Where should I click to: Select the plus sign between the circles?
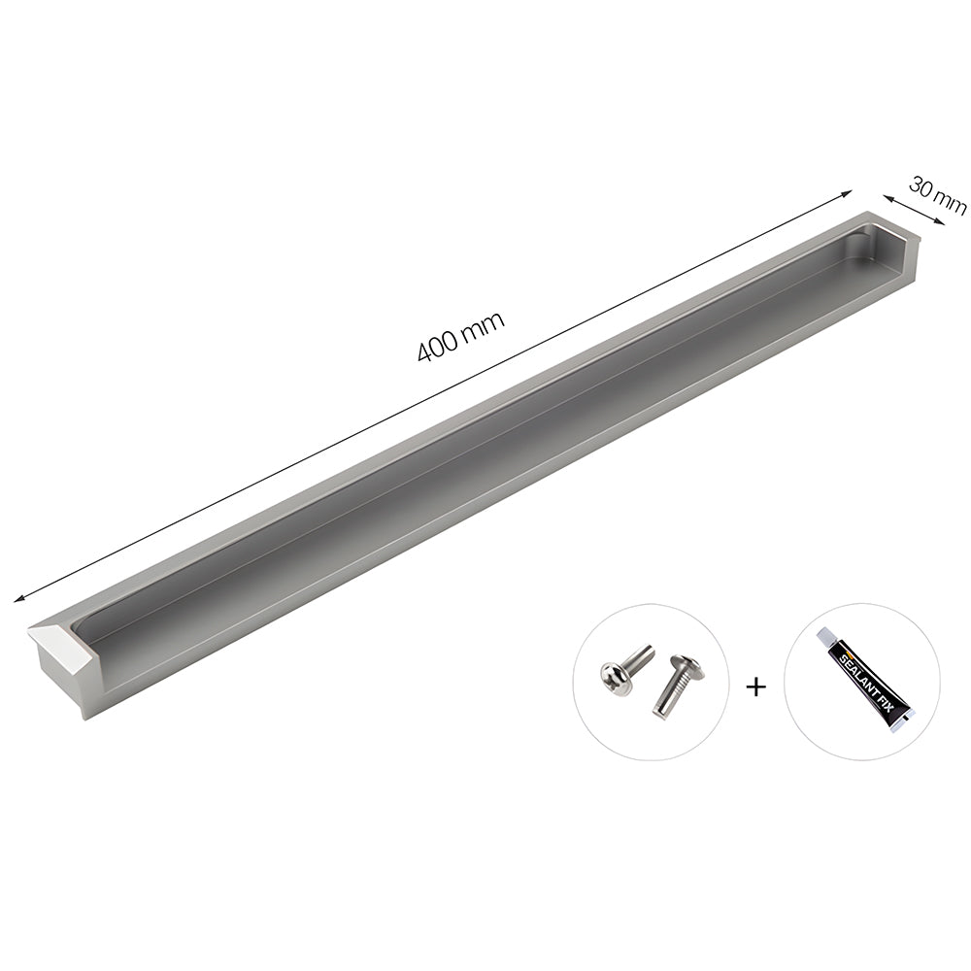(x=755, y=686)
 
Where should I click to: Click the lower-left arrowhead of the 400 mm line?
(x=18, y=599)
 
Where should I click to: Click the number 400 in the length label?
(x=438, y=347)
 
